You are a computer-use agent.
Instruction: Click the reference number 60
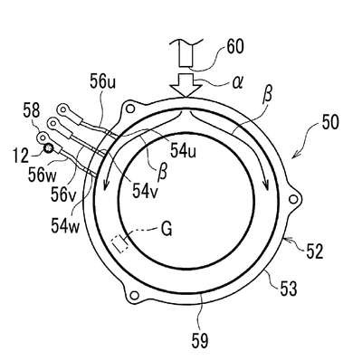coord(235,47)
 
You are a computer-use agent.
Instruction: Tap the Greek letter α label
coord(237,82)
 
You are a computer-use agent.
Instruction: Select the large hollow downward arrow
coord(186,86)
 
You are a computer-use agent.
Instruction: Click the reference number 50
coord(329,123)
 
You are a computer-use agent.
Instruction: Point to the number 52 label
coord(315,251)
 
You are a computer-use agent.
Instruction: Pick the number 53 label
coord(288,288)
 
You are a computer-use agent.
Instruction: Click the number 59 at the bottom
coord(200,341)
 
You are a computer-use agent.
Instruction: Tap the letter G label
coord(167,230)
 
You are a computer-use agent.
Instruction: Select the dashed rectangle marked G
coord(120,244)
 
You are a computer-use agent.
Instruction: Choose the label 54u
coord(183,151)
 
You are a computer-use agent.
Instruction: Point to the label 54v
coord(145,191)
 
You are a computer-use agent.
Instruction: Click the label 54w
coord(65,225)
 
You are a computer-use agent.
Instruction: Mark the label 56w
coord(42,175)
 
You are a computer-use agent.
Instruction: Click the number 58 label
coord(32,111)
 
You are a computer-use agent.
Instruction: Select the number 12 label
coord(21,156)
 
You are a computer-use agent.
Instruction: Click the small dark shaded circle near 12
coord(48,148)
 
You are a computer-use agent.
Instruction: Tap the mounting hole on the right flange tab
coord(293,199)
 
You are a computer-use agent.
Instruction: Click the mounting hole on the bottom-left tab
coord(135,295)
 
